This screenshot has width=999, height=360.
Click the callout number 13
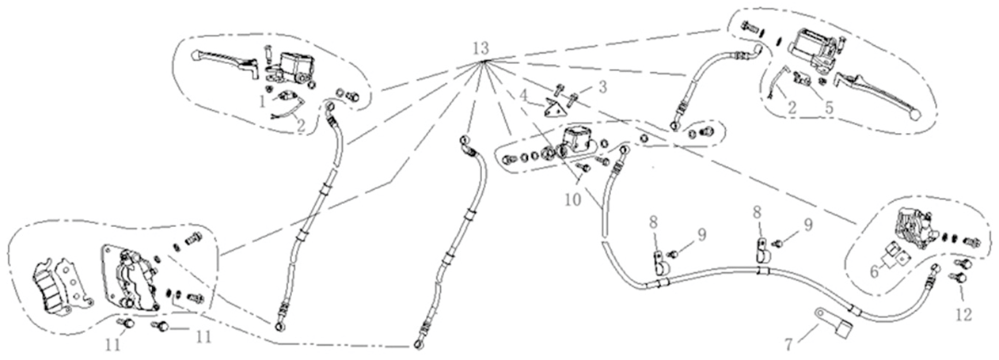click(x=480, y=47)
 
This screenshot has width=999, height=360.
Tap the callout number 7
click(x=788, y=346)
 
